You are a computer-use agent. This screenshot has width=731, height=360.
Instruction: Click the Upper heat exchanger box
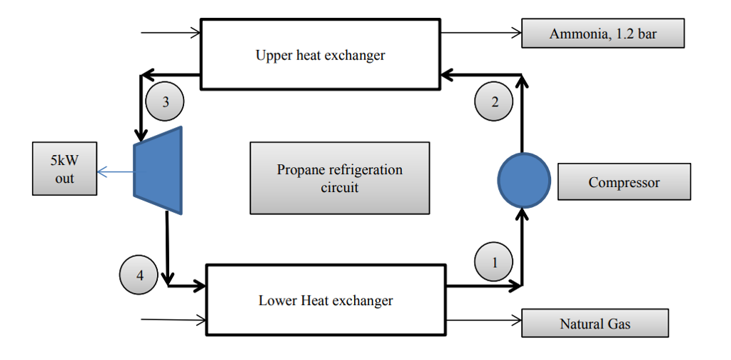tap(321, 55)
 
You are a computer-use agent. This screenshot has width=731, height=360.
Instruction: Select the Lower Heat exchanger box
tap(326, 300)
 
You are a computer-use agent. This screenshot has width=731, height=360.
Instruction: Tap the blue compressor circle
tap(523, 179)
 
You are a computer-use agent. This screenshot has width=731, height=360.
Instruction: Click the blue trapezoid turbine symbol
tap(159, 170)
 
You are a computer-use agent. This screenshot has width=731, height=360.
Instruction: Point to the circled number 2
tap(494, 102)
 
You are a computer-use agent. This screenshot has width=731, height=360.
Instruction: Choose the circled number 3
tap(165, 102)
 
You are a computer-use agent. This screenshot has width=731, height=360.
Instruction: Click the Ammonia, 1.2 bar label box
tap(603, 34)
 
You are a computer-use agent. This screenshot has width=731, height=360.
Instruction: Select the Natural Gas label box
tap(595, 324)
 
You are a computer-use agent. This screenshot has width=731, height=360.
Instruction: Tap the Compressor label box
tap(624, 182)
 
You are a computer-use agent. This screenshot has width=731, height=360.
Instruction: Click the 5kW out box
tap(64, 169)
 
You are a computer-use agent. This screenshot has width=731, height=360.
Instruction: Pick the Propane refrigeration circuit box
tap(339, 179)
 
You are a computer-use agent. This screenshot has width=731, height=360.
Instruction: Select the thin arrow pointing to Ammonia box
tap(482, 33)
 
